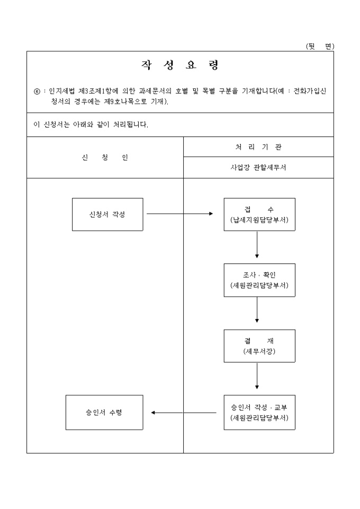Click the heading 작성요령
pyautogui.click(x=180, y=66)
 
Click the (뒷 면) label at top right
pyautogui.click(x=320, y=47)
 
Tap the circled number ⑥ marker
pyautogui.click(x=37, y=92)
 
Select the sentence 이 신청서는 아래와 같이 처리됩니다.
pyautogui.click(x=91, y=125)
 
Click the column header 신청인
pyautogui.click(x=105, y=158)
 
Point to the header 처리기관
pyautogui.click(x=258, y=147)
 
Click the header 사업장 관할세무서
pyautogui.click(x=258, y=168)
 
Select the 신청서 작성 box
pyautogui.click(x=107, y=214)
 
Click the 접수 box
pyautogui.click(x=259, y=214)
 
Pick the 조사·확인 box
pyautogui.click(x=259, y=280)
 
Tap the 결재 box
pyautogui.click(x=259, y=346)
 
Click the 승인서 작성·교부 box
pyautogui.click(x=259, y=412)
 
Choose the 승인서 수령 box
pyautogui.click(x=104, y=412)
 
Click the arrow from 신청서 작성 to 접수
pyautogui.click(x=179, y=214)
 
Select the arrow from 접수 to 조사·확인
pyautogui.click(x=257, y=244)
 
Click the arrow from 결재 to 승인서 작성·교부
pyautogui.click(x=257, y=376)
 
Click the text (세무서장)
pyautogui.click(x=259, y=351)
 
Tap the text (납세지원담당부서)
pyautogui.click(x=259, y=220)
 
